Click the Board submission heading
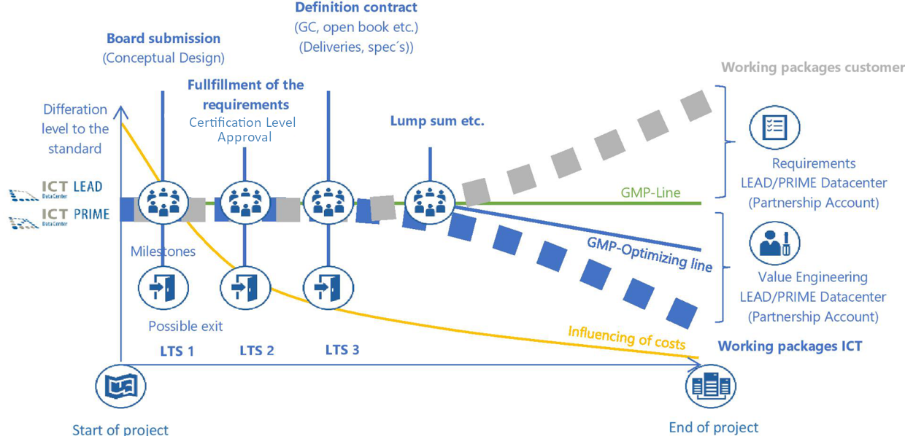coord(163,39)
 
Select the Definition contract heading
coord(356,8)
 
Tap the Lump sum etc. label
coord(437,122)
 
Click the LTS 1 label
coord(177,351)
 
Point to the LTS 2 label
coord(257,351)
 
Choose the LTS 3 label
coord(342,350)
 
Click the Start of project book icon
coord(121,386)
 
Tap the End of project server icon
coord(711,386)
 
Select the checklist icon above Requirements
coord(774,128)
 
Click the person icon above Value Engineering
coord(774,244)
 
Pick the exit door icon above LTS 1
coord(163,288)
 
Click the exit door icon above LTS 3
coord(328,288)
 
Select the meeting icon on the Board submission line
coord(163,202)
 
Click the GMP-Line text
coord(650,193)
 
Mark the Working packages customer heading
coord(812,68)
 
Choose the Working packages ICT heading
coord(790,346)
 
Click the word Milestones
coord(163,252)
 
